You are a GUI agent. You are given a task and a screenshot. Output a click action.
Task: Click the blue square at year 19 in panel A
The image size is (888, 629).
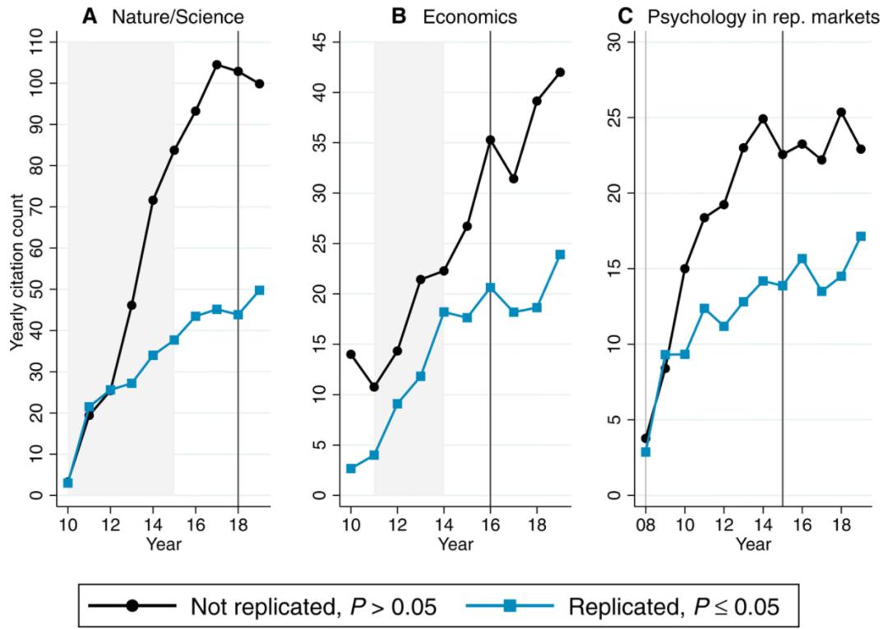[260, 290]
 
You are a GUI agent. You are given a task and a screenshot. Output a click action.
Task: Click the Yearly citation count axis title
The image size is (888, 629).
[16, 268]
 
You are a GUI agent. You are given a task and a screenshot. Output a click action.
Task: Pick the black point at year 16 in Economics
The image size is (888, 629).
[491, 140]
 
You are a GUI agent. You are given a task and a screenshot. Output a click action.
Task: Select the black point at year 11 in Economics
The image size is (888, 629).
[374, 386]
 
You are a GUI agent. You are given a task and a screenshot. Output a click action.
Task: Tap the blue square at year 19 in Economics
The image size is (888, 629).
[560, 254]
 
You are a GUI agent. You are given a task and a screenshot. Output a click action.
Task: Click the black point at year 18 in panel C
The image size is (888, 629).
[841, 112]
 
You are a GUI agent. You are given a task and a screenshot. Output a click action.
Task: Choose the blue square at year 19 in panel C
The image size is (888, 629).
[861, 236]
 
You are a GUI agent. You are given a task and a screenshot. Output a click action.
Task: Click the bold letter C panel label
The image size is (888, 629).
[626, 14]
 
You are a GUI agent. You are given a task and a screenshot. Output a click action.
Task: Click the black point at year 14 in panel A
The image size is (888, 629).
[153, 200]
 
